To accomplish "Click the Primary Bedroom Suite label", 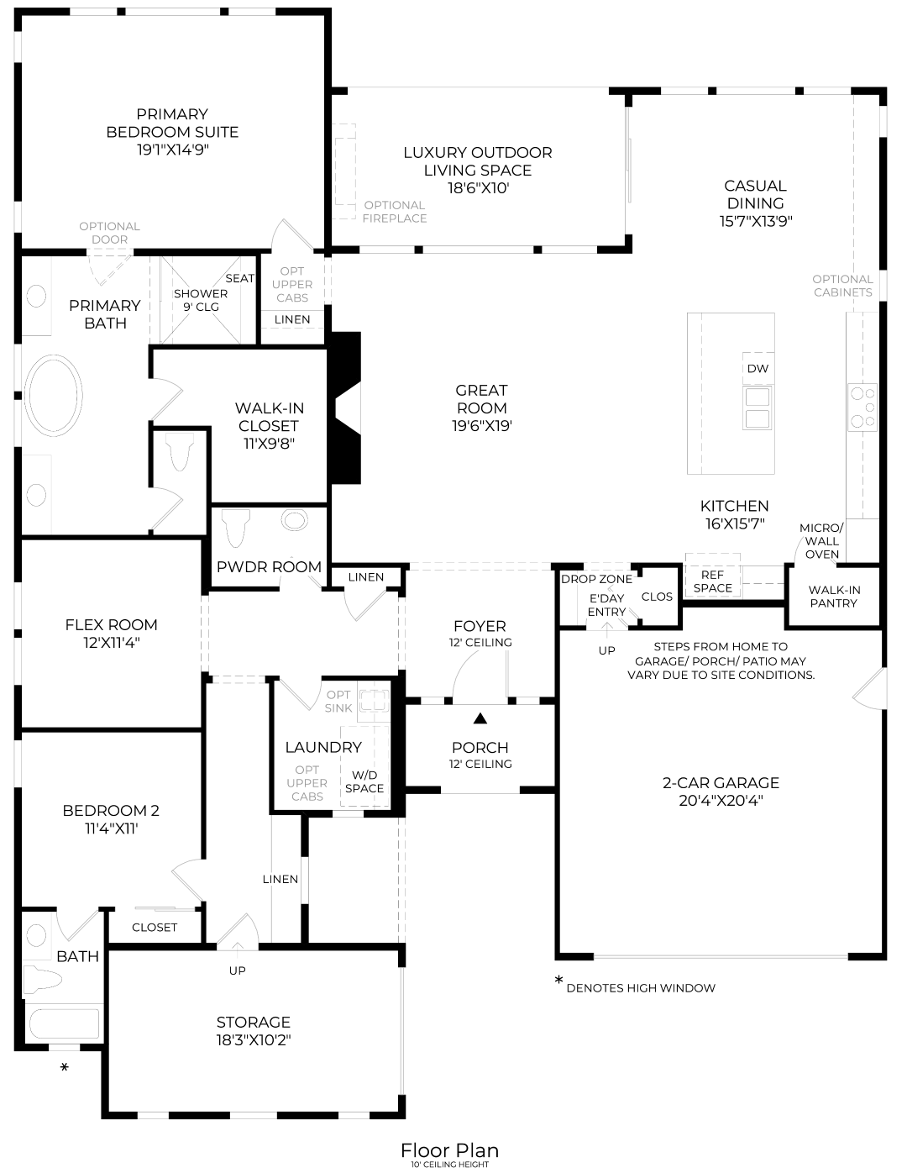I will [x=172, y=123].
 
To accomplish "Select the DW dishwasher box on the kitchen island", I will [x=758, y=369].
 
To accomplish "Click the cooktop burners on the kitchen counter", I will [x=862, y=407].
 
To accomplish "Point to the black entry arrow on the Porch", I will [x=480, y=718].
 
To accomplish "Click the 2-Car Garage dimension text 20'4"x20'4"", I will [x=721, y=801].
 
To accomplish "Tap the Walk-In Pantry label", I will [x=833, y=597].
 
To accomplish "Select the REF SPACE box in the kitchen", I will [x=712, y=581].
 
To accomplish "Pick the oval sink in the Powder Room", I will [x=295, y=520].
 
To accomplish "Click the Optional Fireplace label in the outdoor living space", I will [x=395, y=212].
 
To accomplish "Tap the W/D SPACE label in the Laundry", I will [x=364, y=781].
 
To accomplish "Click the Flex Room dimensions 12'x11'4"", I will [x=111, y=643].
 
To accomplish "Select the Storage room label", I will [x=253, y=1022].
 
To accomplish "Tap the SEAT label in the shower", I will [x=240, y=278].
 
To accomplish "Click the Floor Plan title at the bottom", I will [x=449, y=1150].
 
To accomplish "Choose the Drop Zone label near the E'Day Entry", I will [x=596, y=579].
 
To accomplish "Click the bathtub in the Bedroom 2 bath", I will [x=64, y=1024].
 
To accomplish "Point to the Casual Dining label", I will [x=755, y=194].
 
